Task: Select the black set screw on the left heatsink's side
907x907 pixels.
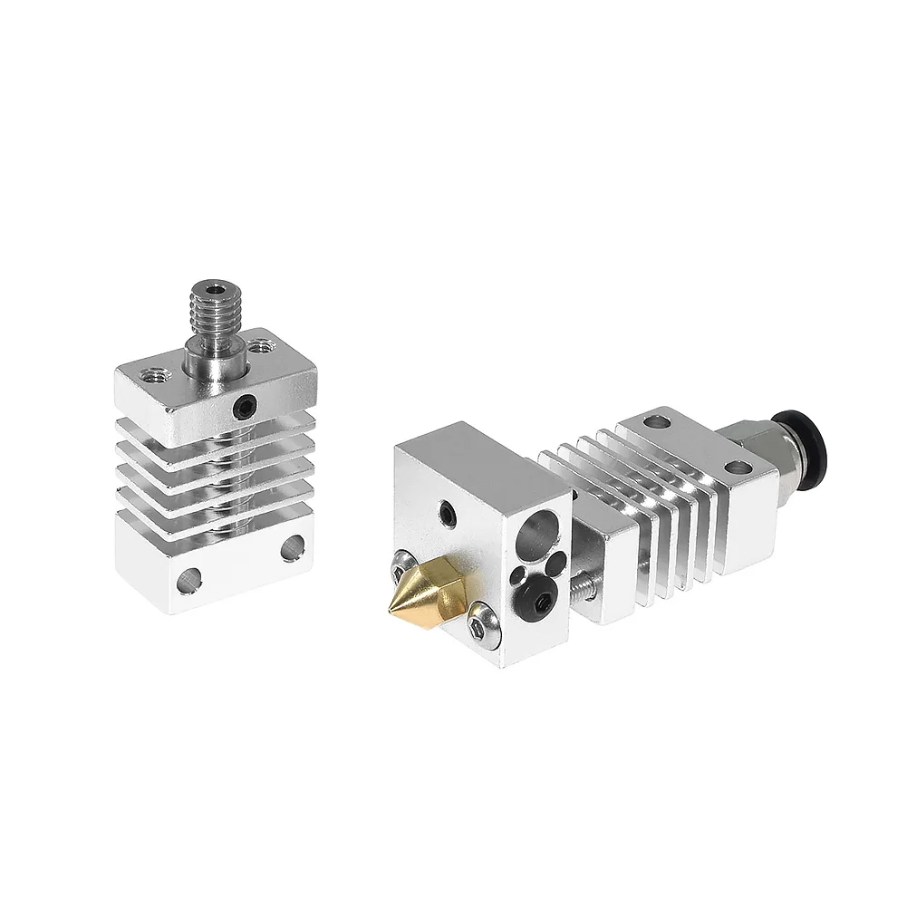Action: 243,409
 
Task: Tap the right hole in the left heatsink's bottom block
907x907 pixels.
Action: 293,547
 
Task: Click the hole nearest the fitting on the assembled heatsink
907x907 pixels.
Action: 738,468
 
